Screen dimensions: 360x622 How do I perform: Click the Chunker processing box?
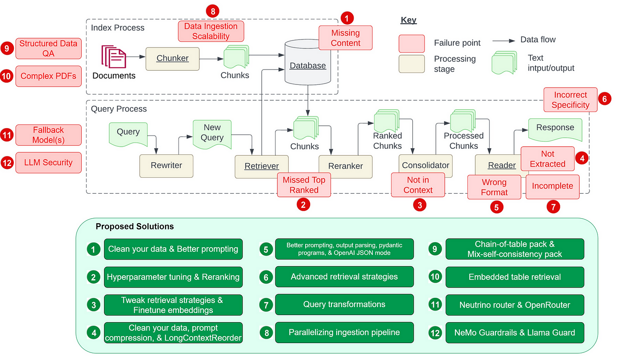172,58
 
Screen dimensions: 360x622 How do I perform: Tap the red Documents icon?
114,56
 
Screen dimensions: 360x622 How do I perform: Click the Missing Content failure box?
345,38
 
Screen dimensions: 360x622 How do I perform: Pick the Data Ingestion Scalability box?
211,31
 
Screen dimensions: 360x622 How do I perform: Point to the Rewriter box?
166,165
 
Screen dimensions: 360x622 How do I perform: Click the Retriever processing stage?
262,166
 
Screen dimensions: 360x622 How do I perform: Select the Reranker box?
345,166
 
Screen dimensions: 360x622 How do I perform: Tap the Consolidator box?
425,165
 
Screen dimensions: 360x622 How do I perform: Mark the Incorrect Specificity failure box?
570,100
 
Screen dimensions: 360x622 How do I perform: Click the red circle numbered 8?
212,11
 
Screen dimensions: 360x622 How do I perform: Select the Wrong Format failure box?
494,187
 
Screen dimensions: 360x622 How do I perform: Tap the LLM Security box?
48,163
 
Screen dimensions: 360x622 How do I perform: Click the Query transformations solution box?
344,304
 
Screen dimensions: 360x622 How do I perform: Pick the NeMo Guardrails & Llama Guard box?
514,332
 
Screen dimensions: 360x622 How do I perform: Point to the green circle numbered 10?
435,277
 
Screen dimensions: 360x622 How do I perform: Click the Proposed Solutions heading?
135,227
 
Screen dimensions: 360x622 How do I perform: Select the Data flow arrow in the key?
503,40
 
